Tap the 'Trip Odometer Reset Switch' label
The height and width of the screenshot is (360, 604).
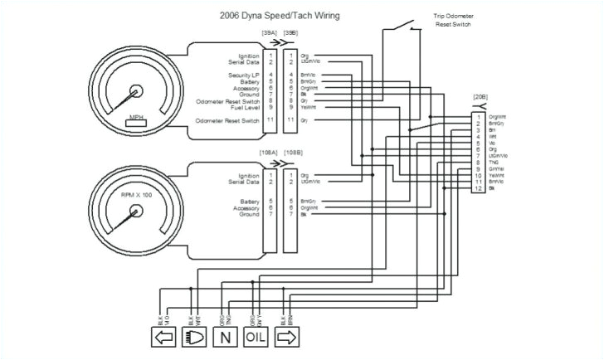(x=451, y=21)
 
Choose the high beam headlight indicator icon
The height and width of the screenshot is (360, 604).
(x=193, y=338)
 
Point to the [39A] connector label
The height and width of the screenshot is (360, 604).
(x=269, y=33)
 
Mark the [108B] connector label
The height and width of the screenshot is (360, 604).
(x=293, y=153)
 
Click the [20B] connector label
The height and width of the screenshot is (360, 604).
(x=480, y=98)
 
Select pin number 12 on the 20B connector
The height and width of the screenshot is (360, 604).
(x=478, y=189)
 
